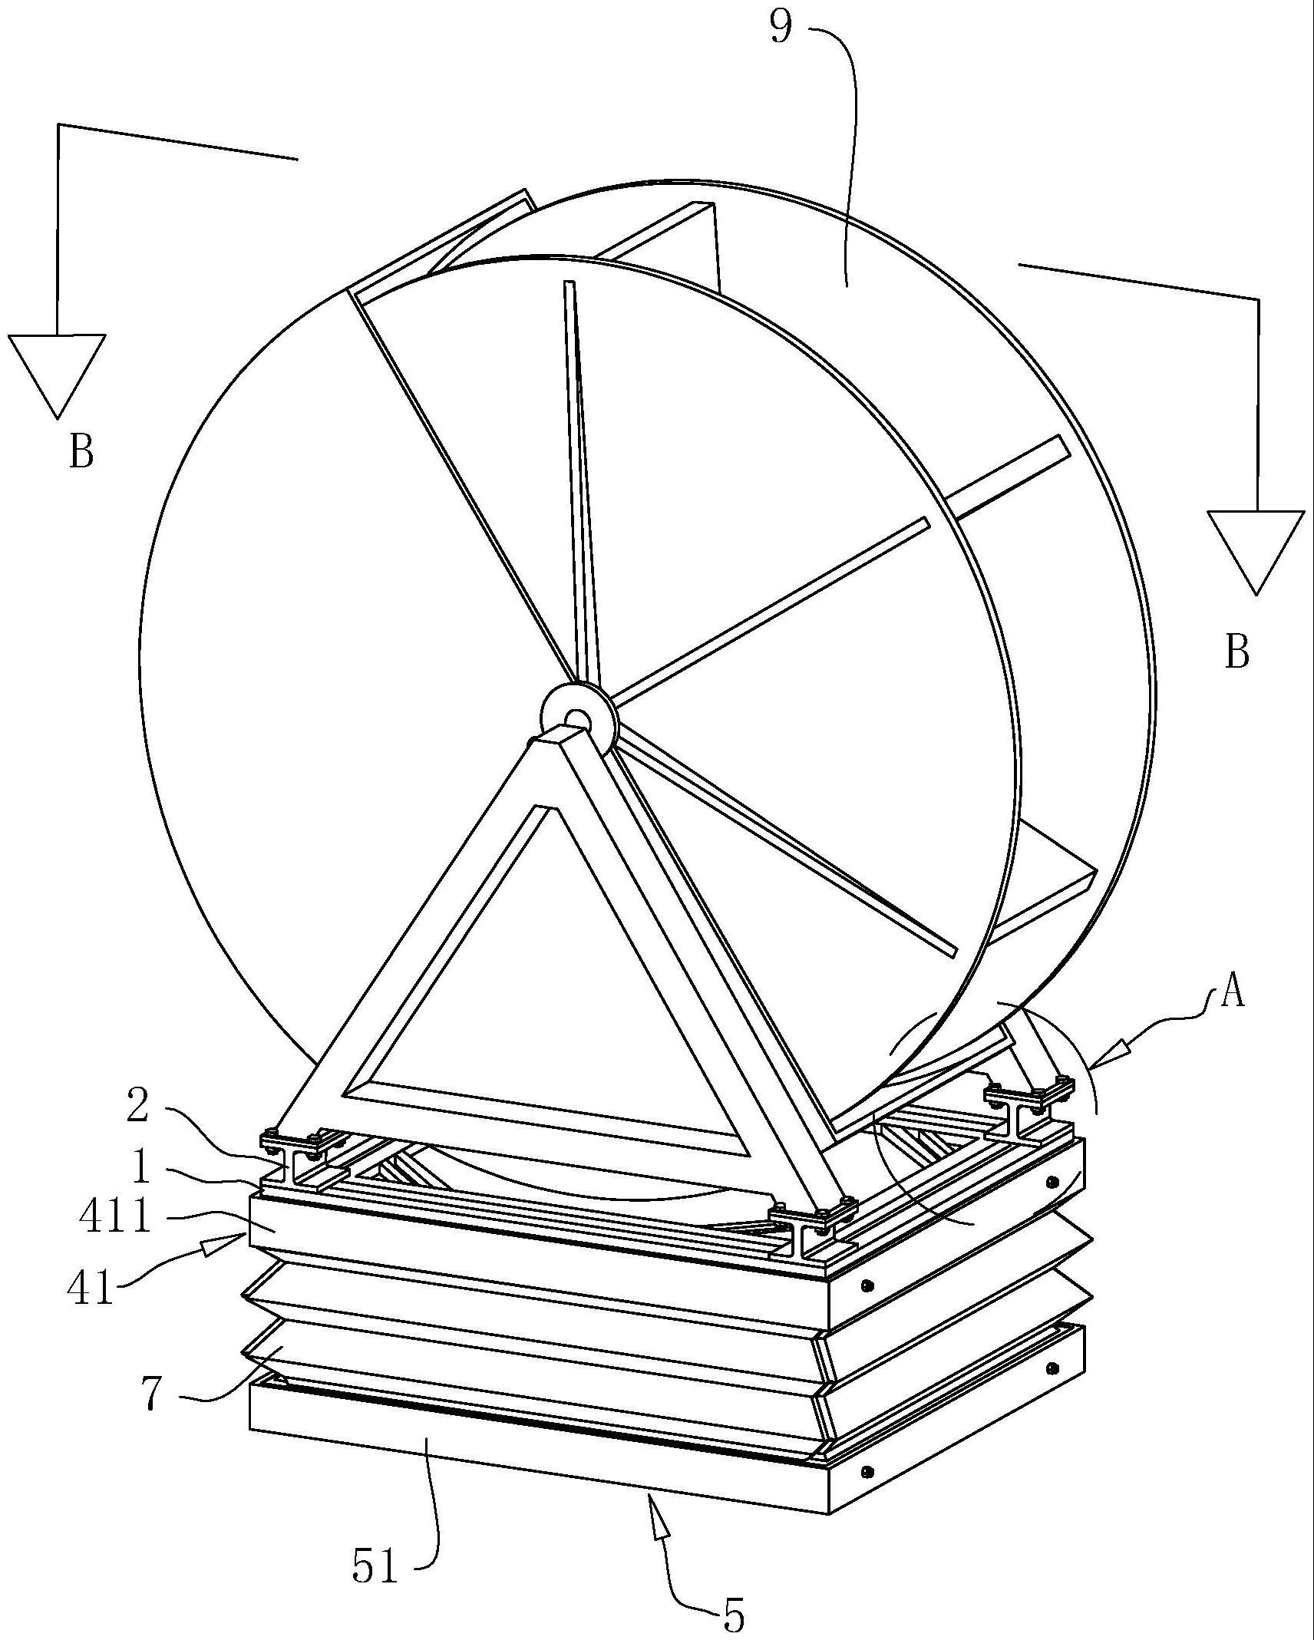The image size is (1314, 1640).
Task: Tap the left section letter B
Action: [x=81, y=450]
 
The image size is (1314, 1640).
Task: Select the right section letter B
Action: [x=1236, y=652]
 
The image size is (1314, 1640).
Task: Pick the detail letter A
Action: [x=1232, y=994]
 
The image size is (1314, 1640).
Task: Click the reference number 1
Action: [x=140, y=1166]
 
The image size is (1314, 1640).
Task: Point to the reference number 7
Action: [x=151, y=1394]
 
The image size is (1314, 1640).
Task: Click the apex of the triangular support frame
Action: [x=554, y=738]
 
